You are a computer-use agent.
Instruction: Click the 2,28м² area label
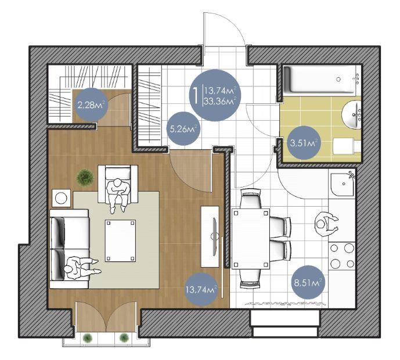91,105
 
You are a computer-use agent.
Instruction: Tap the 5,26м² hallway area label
183,129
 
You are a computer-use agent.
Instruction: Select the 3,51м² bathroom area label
303,143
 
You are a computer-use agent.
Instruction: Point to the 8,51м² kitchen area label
308,282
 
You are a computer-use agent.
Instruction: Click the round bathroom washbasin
351,114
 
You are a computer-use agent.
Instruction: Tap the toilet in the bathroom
347,146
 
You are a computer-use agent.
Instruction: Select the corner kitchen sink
343,185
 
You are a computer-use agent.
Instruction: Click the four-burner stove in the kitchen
342,255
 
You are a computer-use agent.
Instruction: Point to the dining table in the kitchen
251,239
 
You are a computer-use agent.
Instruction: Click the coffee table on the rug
120,240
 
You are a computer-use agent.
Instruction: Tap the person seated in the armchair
118,194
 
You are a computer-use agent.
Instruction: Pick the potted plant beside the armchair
85,177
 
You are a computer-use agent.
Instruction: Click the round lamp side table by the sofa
61,198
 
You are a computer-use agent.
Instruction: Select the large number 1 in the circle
196,95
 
